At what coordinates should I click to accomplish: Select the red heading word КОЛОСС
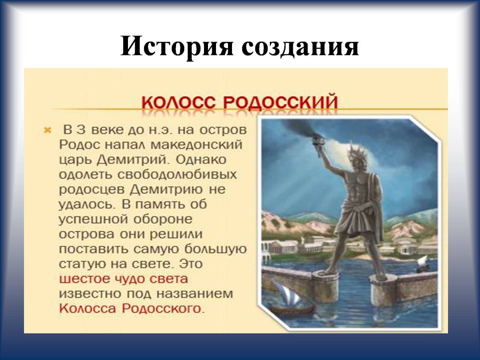coord(179,102)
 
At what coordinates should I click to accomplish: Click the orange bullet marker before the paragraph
coord(48,130)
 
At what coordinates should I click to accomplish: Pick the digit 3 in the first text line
coord(81,130)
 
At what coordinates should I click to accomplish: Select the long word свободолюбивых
coord(177,175)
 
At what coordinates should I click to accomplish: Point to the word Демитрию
coord(166,190)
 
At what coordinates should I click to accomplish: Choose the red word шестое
coord(84,279)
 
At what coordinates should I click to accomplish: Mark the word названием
coord(195,294)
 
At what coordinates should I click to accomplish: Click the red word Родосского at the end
coord(161,309)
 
